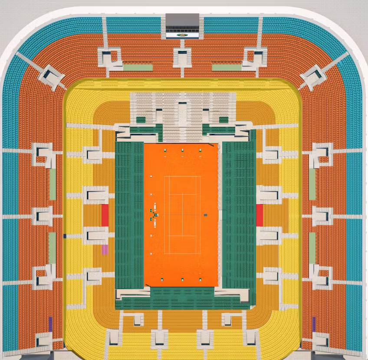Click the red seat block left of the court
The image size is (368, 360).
(x=105, y=215)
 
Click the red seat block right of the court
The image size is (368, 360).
(x=260, y=215)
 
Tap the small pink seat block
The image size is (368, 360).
(x=105, y=249)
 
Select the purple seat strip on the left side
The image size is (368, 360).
(x=50, y=324)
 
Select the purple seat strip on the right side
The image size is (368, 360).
(x=314, y=324)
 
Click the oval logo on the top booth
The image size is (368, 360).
(x=183, y=34)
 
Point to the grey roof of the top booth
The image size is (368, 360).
(x=182, y=20)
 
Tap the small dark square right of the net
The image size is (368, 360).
(x=205, y=215)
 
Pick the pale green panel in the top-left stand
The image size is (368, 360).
(x=138, y=67)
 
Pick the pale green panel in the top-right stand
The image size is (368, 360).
(x=227, y=67)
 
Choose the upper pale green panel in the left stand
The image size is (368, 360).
(x=53, y=184)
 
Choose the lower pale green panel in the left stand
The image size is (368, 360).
(x=52, y=248)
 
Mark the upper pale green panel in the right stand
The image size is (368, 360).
(x=312, y=184)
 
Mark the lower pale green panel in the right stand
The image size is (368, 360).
(x=312, y=248)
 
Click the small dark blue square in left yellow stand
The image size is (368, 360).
(x=65, y=236)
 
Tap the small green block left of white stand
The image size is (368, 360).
(x=141, y=120)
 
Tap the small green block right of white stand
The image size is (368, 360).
(x=223, y=120)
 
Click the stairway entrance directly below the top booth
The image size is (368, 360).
(x=182, y=57)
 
